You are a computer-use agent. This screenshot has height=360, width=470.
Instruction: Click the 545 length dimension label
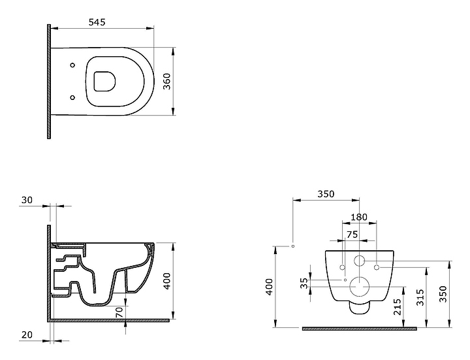point(97,22)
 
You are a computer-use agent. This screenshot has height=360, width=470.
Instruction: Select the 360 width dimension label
point(167,81)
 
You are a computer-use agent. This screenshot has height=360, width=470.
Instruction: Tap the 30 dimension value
point(27,200)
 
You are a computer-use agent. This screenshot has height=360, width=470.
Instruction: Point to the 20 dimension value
point(27,335)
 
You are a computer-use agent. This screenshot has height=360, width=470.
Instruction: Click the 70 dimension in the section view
point(119,312)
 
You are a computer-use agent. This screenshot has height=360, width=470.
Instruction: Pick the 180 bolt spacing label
point(359,217)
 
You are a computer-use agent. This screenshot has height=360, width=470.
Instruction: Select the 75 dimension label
point(352,235)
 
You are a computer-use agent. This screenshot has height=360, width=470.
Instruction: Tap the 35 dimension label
point(304,283)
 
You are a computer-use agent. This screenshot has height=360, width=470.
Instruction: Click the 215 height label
point(398,306)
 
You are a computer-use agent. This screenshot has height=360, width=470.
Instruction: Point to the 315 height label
point(421,297)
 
